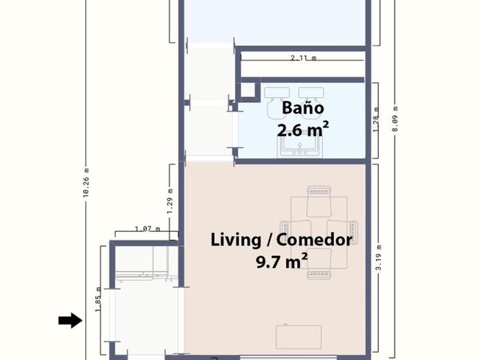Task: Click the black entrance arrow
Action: (x=70, y=321)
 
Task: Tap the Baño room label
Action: (x=303, y=108)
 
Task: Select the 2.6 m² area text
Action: (x=303, y=130)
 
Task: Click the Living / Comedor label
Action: (x=281, y=239)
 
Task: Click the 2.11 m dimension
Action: (x=303, y=58)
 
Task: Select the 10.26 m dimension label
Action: (x=86, y=182)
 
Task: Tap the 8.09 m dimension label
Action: (x=395, y=119)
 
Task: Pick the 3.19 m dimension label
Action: (x=379, y=258)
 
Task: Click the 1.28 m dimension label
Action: (x=376, y=119)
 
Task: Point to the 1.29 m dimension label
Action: (x=170, y=201)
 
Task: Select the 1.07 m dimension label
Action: (x=147, y=229)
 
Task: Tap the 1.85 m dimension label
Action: (x=98, y=299)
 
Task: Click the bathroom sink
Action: (x=300, y=147)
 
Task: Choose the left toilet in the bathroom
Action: (x=277, y=102)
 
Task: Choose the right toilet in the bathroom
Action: (x=311, y=101)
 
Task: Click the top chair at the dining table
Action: (x=319, y=201)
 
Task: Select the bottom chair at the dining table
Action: (x=319, y=263)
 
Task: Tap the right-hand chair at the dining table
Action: (x=342, y=232)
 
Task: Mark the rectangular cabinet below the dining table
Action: (x=298, y=337)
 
